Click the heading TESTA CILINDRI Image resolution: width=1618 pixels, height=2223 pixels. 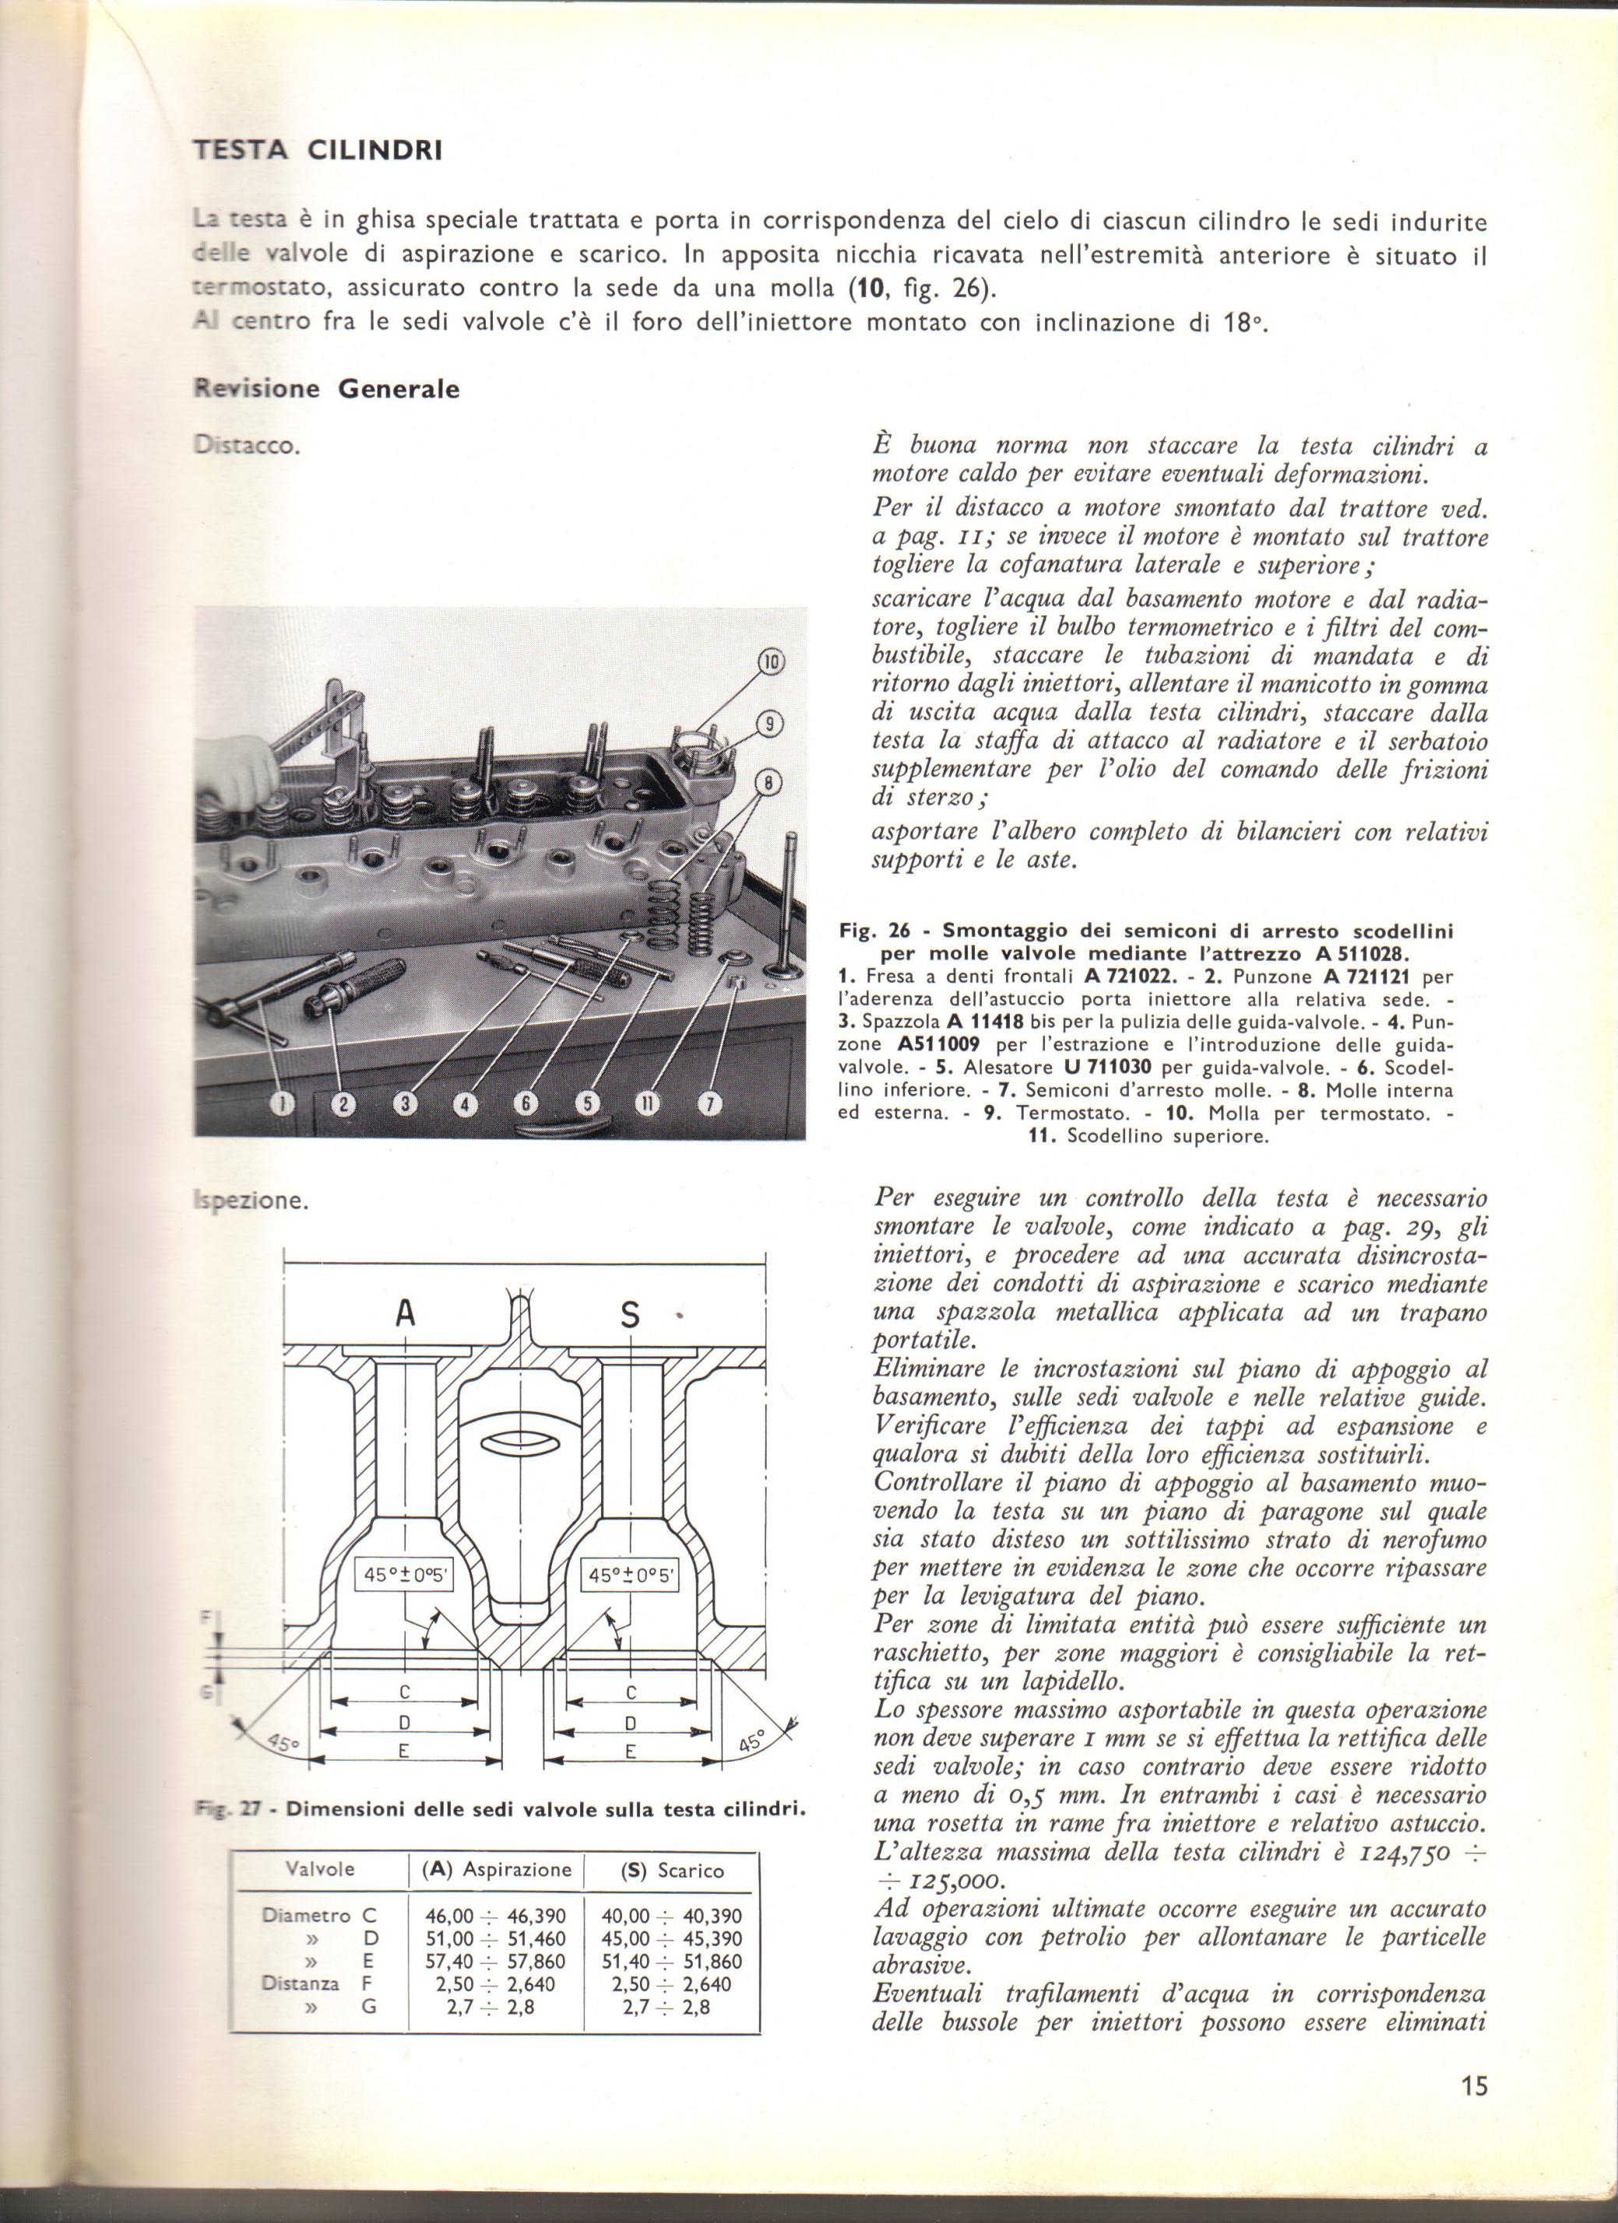point(317,151)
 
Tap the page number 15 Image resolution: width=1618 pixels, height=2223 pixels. point(1474,2086)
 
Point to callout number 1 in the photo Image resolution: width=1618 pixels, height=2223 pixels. point(283,1103)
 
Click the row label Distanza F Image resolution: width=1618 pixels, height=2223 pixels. point(318,1984)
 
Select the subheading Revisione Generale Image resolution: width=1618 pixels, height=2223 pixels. point(326,388)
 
